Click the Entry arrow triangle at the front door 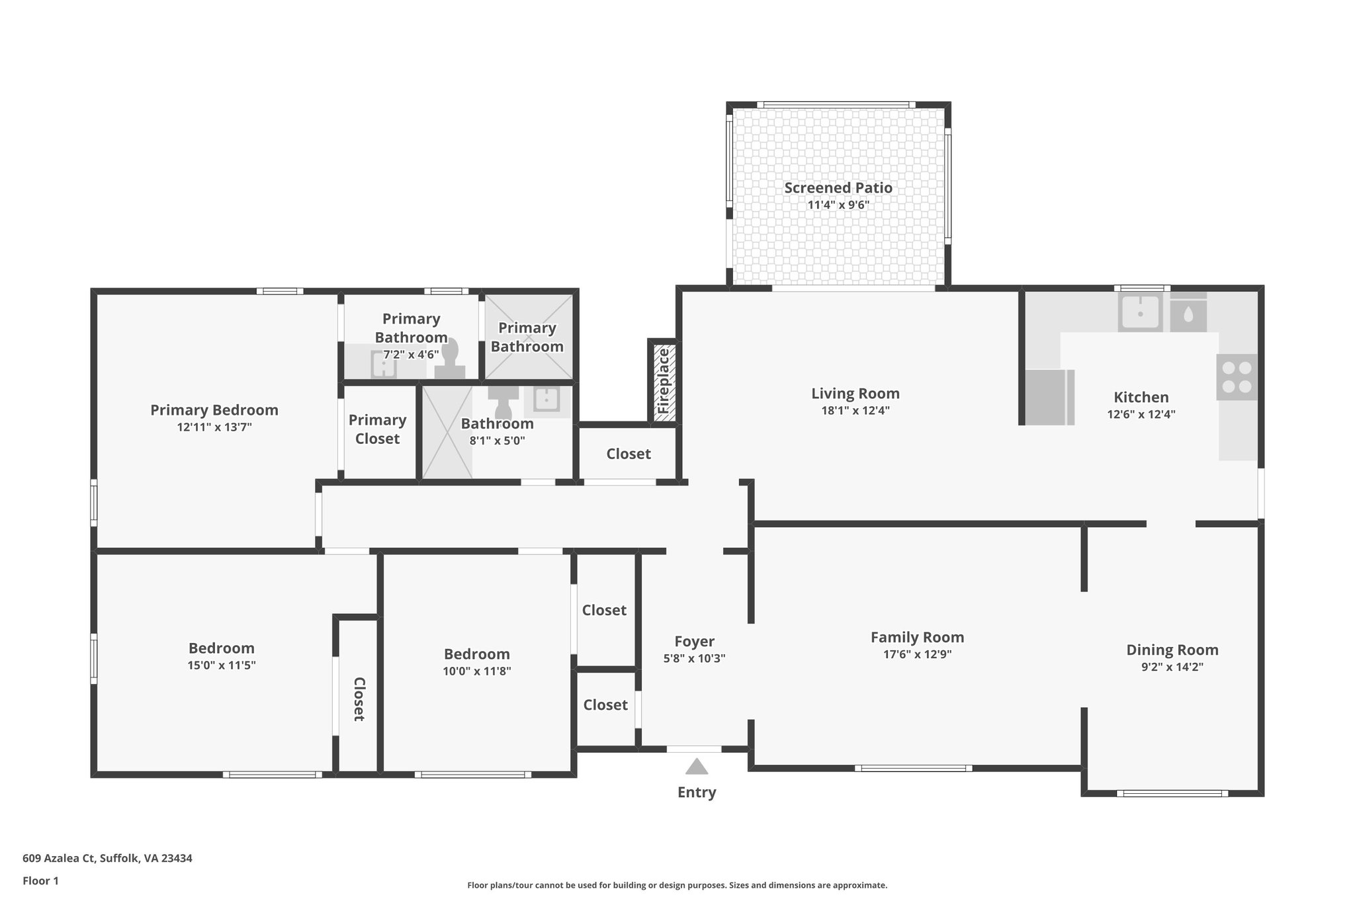[696, 767]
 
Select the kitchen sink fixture [1140, 312]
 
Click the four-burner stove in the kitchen [1237, 377]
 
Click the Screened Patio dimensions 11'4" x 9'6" [838, 205]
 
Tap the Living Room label [855, 394]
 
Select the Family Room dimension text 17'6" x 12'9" [916, 655]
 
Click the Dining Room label [1172, 650]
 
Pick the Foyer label [694, 641]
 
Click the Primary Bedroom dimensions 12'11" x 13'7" [214, 427]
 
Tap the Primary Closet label [377, 429]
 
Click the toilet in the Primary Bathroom [450, 361]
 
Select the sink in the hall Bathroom [546, 400]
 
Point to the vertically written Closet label [359, 699]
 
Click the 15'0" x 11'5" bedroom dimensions [221, 666]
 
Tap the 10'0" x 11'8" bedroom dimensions [476, 671]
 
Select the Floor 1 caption [40, 881]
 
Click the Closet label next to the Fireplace [628, 454]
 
